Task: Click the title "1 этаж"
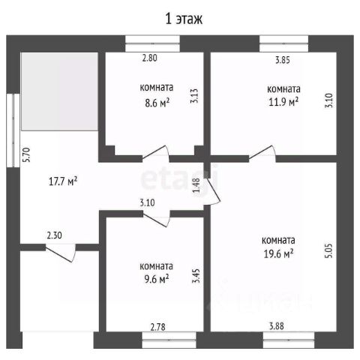point(184,19)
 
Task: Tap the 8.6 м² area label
point(157,103)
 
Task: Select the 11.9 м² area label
point(283,101)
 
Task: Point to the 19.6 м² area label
point(278,253)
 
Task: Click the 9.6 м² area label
point(157,279)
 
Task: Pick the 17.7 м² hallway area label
point(63,181)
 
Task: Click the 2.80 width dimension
point(149,58)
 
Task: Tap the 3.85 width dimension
point(283,60)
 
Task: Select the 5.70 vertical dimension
point(26,154)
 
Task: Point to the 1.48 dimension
point(196,185)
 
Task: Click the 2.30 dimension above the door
point(54,235)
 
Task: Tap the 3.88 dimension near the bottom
point(276,326)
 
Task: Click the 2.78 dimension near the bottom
point(157,327)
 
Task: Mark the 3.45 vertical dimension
point(196,276)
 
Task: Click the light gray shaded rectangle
point(59,91)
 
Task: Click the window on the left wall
point(13,130)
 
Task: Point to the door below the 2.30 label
point(61,253)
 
